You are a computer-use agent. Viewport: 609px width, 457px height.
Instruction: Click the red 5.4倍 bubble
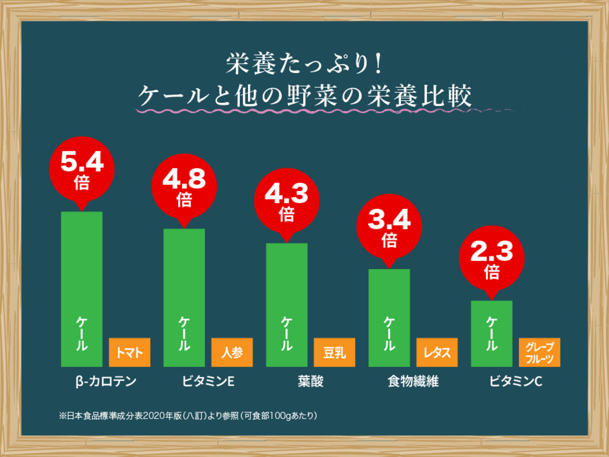point(82,169)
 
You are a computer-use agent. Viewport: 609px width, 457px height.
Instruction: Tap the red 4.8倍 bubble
point(184,187)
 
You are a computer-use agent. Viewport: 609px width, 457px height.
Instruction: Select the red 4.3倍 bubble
point(287,201)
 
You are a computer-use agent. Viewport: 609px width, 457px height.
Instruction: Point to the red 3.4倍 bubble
point(389,227)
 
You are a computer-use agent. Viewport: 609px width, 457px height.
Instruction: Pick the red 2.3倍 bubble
point(491,258)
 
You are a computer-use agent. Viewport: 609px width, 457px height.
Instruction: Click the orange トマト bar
point(129,352)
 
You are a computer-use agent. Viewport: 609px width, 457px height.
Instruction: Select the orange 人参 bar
point(232,352)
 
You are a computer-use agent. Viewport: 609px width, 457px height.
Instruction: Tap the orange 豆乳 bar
point(334,352)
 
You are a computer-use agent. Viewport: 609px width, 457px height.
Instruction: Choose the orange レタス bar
point(437,352)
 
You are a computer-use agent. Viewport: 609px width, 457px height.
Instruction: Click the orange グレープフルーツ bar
point(539,352)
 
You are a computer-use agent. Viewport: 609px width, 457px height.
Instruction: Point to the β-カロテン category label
point(106,381)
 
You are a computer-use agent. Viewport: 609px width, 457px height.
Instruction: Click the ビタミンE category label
point(208,381)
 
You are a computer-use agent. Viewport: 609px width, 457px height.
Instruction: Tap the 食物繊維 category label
point(413,381)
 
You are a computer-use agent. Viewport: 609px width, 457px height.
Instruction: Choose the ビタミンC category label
point(516,381)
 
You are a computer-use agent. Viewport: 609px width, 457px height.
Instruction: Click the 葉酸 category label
point(310,381)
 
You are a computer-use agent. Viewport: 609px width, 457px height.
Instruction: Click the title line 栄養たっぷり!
point(304,63)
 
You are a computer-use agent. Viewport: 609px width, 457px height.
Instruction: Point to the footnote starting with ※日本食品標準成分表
point(188,416)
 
